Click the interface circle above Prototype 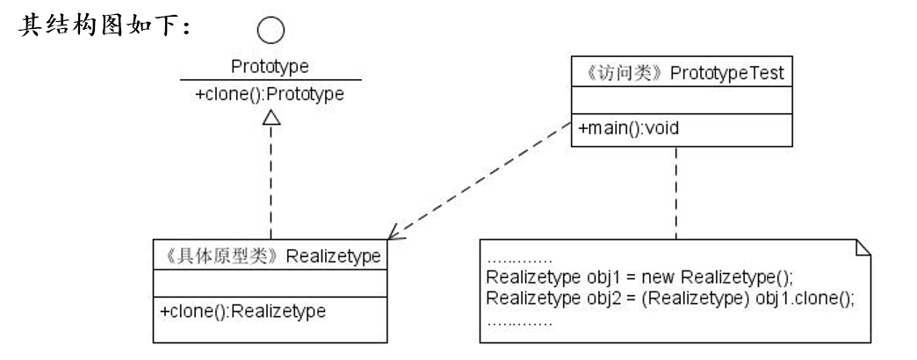[271, 32]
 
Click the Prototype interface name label [270, 68]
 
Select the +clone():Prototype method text [270, 95]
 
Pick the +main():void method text [629, 128]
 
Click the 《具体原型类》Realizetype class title [271, 256]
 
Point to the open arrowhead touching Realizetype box [396, 233]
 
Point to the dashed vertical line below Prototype [271, 184]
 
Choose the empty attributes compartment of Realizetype [271, 283]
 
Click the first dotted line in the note [518, 261]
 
